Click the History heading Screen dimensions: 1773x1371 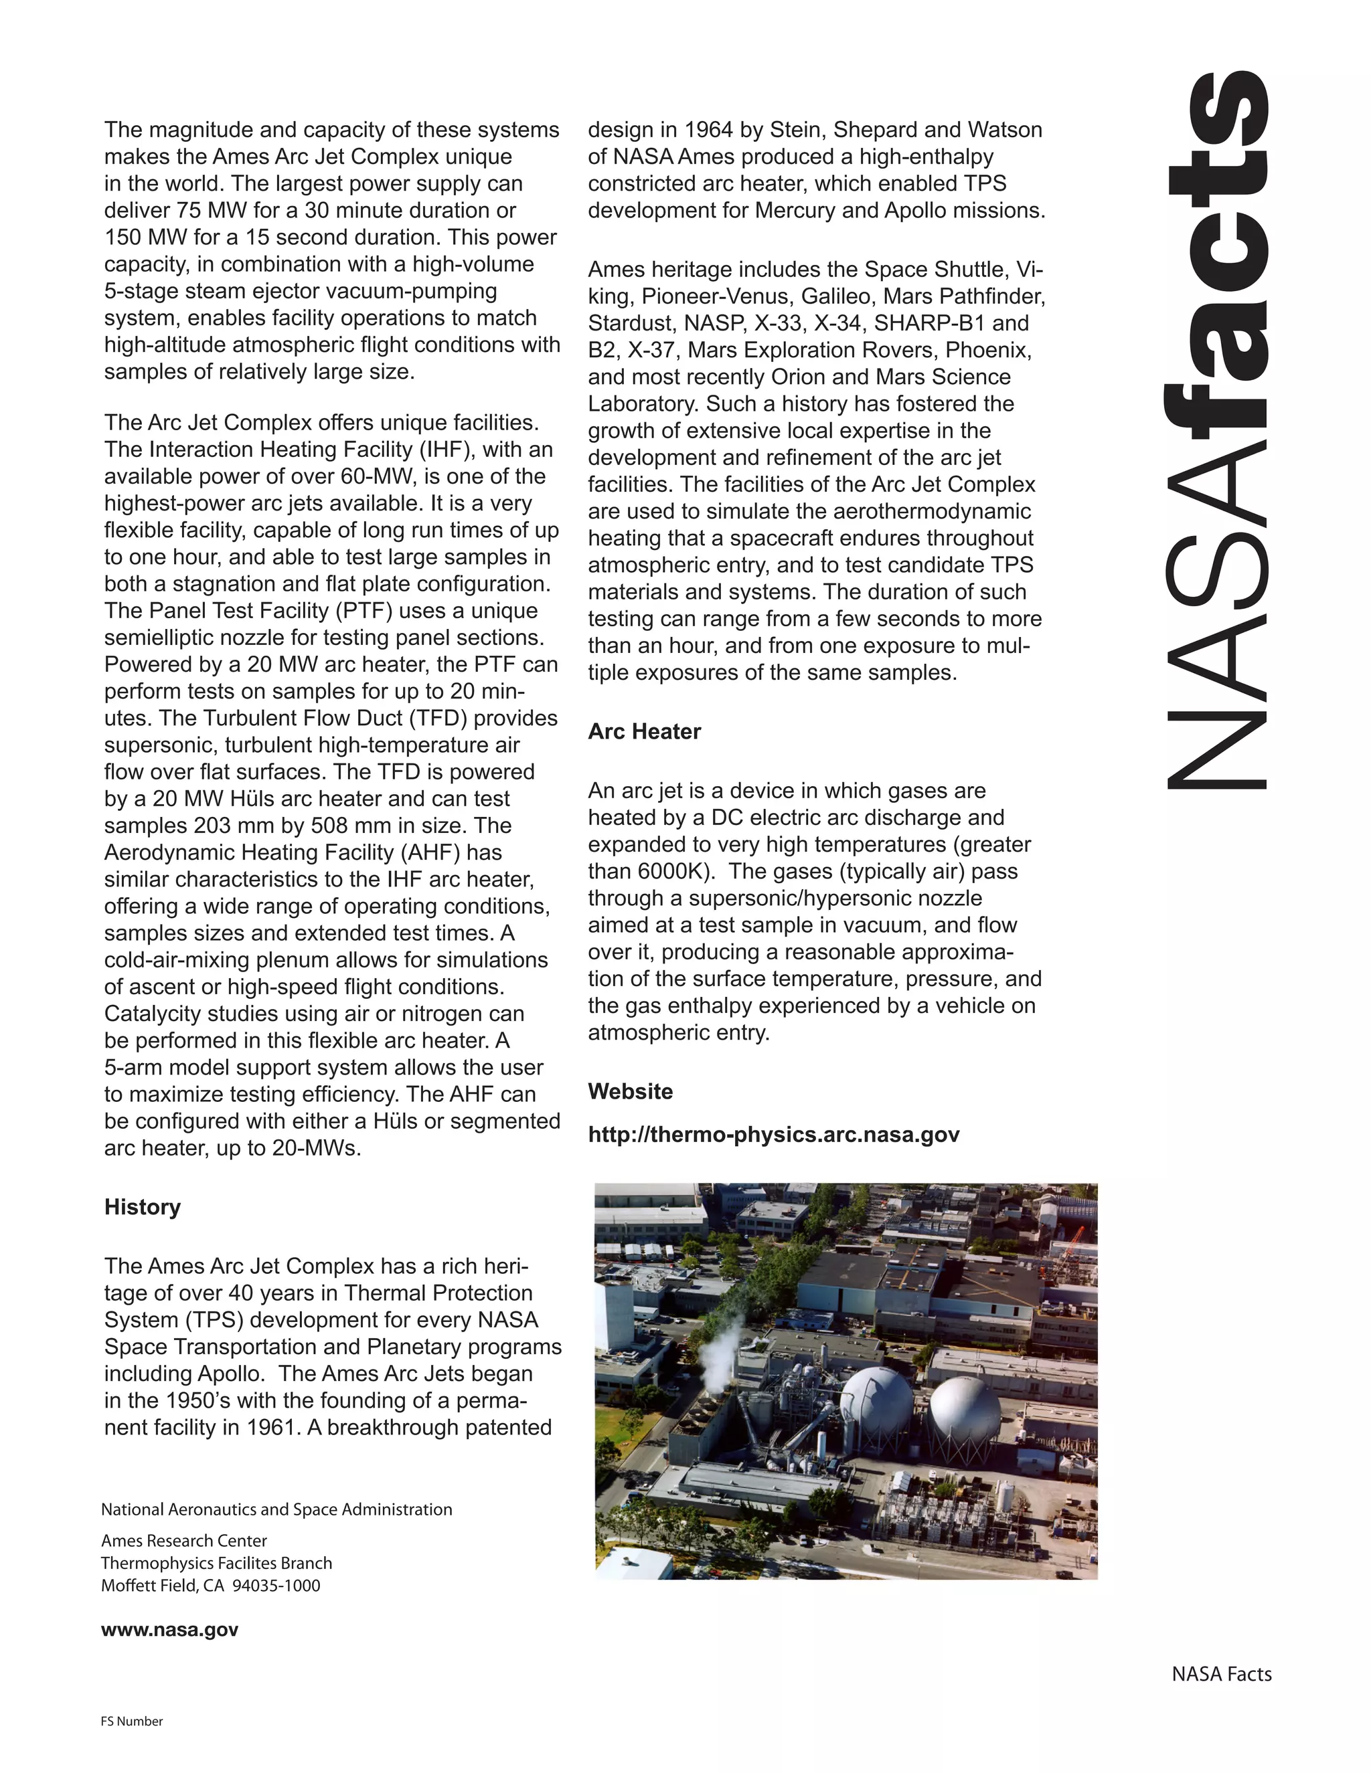click(142, 1207)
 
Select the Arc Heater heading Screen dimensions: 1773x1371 click(644, 731)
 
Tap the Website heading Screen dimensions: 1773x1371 click(630, 1091)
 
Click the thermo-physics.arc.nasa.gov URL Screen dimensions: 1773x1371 click(773, 1134)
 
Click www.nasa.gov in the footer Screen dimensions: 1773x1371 click(170, 1629)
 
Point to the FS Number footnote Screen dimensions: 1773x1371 click(132, 1721)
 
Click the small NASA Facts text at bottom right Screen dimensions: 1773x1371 click(1221, 1674)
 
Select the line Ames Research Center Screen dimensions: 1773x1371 click(183, 1541)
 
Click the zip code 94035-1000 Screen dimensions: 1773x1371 click(276, 1586)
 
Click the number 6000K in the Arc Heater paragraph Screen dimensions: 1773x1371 click(669, 871)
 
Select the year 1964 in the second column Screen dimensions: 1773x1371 click(707, 130)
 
